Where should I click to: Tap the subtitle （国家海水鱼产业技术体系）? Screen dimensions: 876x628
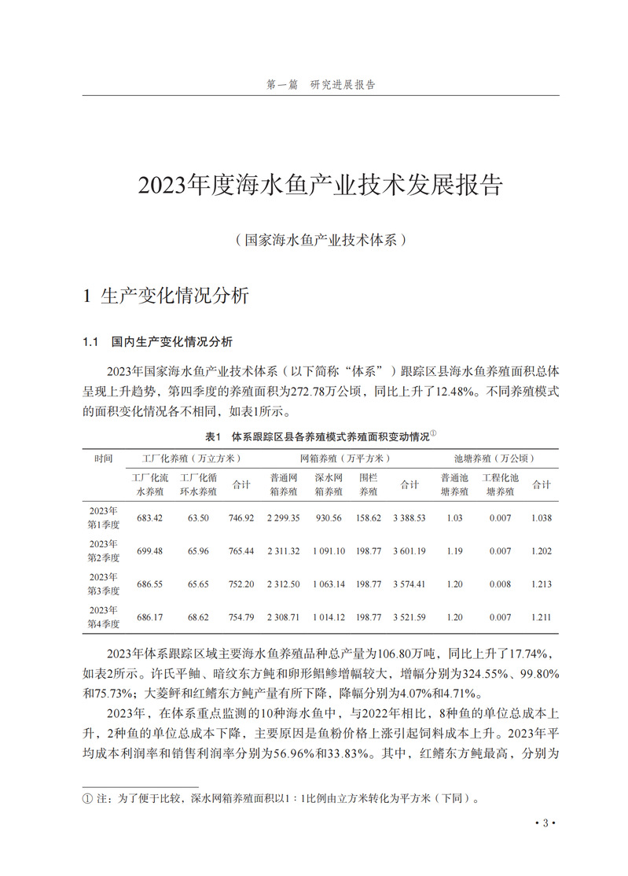[320, 240]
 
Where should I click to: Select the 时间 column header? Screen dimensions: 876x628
[104, 458]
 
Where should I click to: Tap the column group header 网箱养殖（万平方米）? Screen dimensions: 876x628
[345, 458]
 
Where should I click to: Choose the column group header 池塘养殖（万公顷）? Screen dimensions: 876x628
[485, 458]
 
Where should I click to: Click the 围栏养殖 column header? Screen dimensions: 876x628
[368, 484]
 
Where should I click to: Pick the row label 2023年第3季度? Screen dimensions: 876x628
[104, 584]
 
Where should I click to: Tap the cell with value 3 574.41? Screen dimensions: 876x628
[409, 584]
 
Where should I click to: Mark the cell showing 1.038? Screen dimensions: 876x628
[541, 517]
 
